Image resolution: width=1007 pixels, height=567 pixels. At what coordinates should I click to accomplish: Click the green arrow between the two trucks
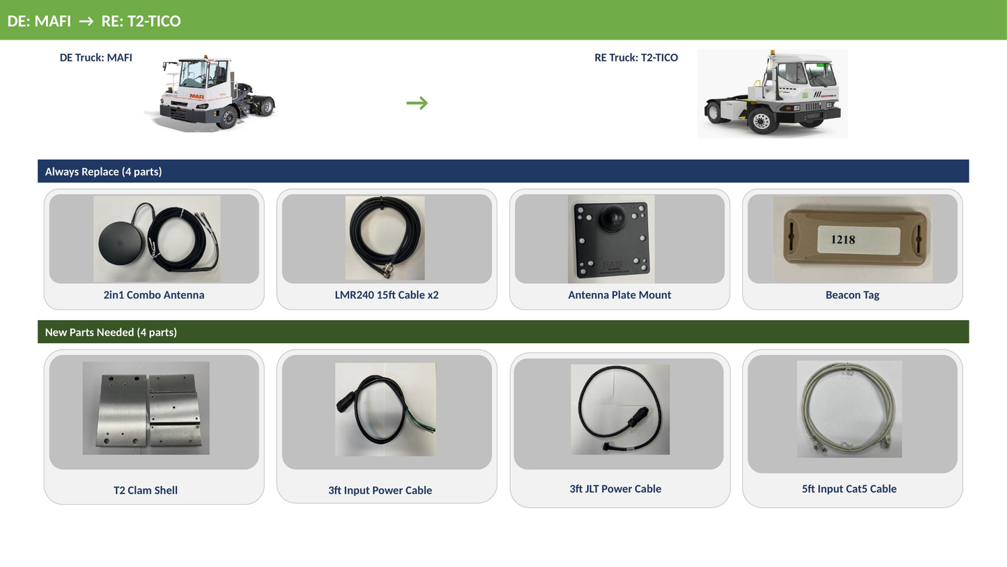[417, 103]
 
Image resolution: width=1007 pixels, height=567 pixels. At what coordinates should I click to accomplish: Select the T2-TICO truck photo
[772, 93]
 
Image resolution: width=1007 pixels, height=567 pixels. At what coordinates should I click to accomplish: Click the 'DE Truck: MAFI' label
[95, 58]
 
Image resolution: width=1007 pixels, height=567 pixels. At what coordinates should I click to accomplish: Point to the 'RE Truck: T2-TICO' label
[636, 58]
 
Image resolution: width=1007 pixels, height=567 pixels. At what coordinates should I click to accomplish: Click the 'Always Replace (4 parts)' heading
[103, 172]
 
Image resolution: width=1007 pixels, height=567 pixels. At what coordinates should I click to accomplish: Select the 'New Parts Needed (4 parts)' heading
[111, 332]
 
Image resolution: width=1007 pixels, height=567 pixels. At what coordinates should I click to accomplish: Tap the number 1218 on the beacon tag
[843, 239]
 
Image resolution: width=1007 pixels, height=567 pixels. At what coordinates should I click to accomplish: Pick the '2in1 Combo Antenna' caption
[154, 295]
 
